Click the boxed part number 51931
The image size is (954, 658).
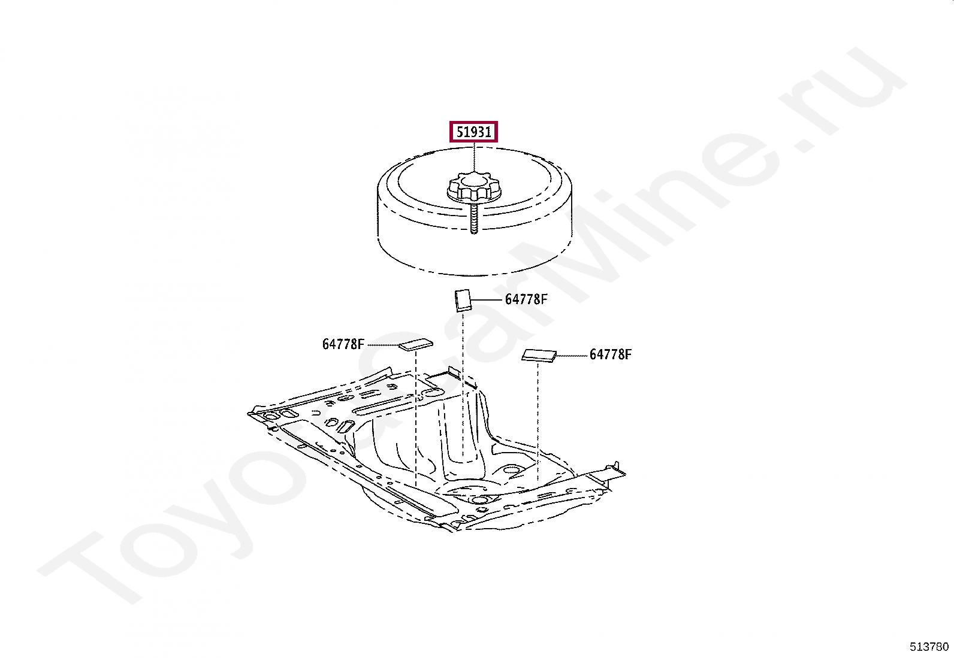point(473,132)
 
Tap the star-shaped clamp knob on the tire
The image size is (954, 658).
point(474,188)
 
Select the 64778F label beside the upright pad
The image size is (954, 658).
point(526,299)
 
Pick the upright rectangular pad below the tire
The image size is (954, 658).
point(463,300)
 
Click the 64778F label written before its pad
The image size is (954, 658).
point(343,344)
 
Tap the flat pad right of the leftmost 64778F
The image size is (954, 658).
point(416,344)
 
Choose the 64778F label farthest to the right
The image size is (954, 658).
point(610,354)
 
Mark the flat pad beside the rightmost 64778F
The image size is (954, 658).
point(539,356)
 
